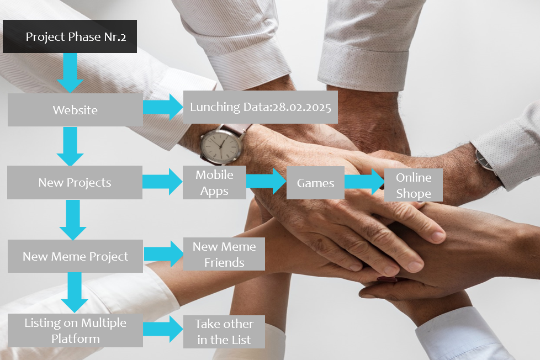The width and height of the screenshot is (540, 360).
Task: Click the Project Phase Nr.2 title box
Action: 70,38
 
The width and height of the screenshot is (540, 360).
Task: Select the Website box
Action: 75,110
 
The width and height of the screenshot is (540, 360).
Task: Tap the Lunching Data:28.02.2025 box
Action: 260,107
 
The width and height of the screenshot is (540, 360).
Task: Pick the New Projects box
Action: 75,183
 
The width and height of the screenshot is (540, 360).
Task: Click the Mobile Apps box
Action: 214,183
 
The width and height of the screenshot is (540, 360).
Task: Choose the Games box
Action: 315,183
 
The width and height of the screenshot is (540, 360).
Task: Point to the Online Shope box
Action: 414,185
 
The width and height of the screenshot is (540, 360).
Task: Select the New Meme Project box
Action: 75,256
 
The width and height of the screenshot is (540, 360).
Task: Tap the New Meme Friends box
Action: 224,254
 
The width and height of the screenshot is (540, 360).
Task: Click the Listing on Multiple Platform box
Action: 75,330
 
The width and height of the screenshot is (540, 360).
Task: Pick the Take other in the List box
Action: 224,331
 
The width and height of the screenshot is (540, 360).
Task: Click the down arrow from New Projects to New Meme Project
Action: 73,219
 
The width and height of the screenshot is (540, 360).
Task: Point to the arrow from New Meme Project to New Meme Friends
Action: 163,253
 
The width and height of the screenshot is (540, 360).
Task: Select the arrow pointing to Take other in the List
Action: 163,330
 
